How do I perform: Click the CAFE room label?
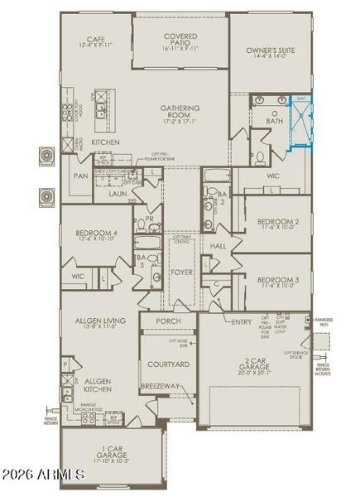[97, 39]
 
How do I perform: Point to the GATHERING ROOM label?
[180, 112]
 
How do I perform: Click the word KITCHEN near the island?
[105, 142]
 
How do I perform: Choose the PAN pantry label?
[80, 176]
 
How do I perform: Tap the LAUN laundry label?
[117, 194]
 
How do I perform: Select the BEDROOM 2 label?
[277, 221]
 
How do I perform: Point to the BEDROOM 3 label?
[277, 280]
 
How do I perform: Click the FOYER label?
[181, 272]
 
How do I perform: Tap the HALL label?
[218, 247]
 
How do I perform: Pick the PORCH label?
[168, 321]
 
